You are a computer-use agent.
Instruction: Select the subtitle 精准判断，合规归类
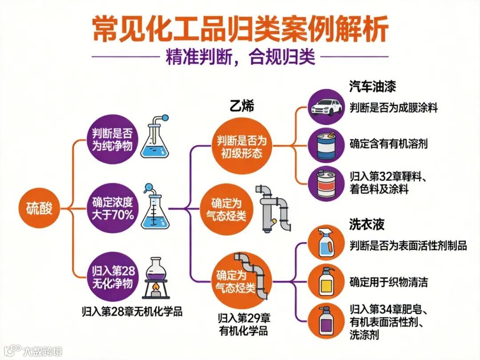[240, 57]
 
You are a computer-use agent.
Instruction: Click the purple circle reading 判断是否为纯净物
[112, 139]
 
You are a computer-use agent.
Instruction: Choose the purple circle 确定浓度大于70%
[112, 208]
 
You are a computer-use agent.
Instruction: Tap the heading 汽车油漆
[372, 86]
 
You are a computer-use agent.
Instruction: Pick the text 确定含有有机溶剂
[389, 144]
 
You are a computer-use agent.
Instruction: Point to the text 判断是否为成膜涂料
[393, 108]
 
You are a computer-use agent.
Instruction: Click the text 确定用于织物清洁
[389, 282]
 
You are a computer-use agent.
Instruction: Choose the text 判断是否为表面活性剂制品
[408, 245]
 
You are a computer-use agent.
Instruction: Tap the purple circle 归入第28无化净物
[112, 276]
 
